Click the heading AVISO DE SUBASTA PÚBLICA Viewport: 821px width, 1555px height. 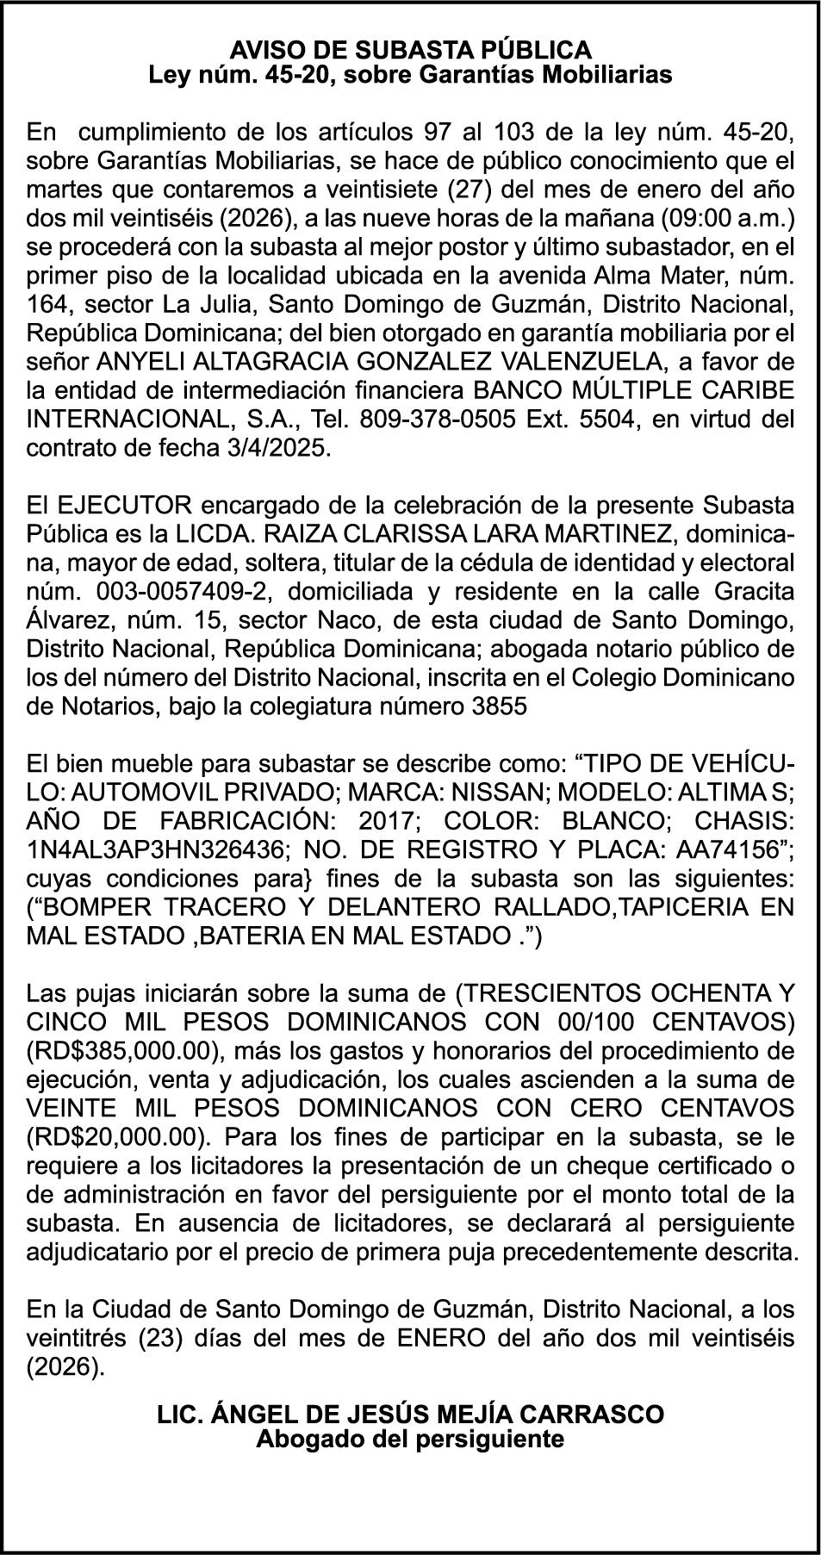coord(410,49)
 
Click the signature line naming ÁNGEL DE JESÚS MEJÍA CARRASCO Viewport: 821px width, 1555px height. coord(410,1415)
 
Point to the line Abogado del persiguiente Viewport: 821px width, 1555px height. coord(410,1439)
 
